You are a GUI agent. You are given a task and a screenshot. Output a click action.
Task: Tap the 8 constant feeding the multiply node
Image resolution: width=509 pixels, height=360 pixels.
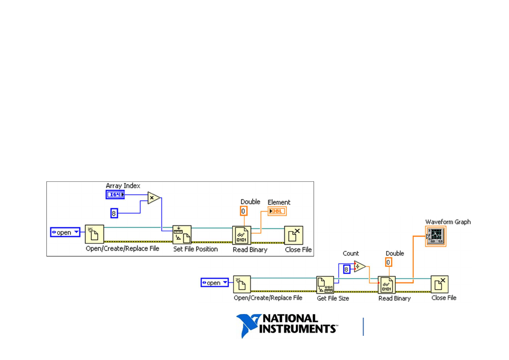[x=114, y=213]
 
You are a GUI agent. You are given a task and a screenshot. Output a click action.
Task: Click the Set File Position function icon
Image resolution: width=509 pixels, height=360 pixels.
[x=182, y=235]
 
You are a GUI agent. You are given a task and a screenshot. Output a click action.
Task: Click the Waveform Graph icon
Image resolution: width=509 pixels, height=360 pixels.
[x=436, y=236]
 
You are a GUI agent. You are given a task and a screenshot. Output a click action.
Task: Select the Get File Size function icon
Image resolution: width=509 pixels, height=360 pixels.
[x=325, y=285]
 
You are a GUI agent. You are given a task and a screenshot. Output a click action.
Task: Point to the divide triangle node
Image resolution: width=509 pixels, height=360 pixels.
[x=359, y=266]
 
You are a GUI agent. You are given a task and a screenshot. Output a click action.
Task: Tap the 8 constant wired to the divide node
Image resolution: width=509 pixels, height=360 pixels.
[x=346, y=268]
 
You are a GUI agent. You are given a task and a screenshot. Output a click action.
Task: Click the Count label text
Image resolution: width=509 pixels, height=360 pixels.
[x=351, y=254]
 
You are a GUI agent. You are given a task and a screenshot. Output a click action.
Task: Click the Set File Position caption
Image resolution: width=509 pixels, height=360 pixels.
[x=195, y=249]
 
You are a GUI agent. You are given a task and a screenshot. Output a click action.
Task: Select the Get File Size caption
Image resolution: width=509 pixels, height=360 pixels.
[x=333, y=298]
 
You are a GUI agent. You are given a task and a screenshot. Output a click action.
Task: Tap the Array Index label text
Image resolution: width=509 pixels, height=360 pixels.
[x=123, y=186]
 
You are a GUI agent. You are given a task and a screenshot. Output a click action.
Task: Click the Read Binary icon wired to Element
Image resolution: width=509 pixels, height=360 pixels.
[x=242, y=235]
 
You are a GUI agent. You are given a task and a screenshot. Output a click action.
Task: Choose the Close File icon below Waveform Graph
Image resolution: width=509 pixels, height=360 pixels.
[x=439, y=285]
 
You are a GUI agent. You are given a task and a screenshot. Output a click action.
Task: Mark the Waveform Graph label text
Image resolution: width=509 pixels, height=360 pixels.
[x=448, y=222]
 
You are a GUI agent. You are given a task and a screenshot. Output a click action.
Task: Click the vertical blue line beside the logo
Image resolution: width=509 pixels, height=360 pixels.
[x=363, y=327]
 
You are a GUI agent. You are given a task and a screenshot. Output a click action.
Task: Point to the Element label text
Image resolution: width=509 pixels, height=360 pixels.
[x=279, y=202]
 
